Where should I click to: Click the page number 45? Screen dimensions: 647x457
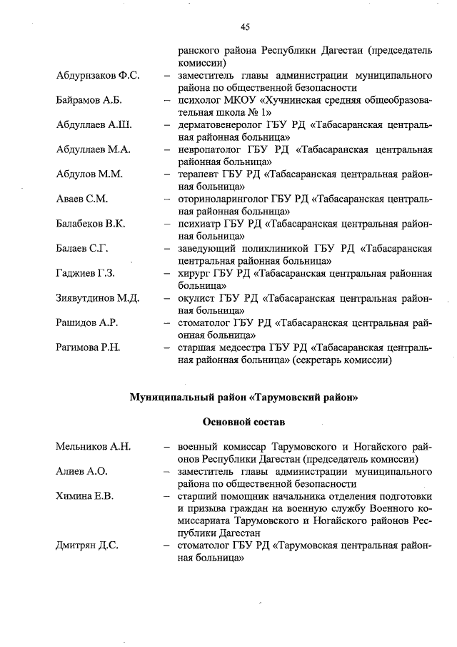click(x=244, y=27)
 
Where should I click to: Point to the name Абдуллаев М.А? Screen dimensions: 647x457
click(x=93, y=149)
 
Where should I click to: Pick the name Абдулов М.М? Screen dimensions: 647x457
click(x=89, y=174)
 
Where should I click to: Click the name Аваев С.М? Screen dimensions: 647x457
click(x=81, y=199)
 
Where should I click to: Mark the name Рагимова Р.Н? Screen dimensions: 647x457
click(x=88, y=347)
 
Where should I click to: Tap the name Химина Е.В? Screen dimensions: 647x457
click(x=84, y=496)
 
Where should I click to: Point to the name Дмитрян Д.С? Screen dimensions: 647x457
click(x=87, y=545)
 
